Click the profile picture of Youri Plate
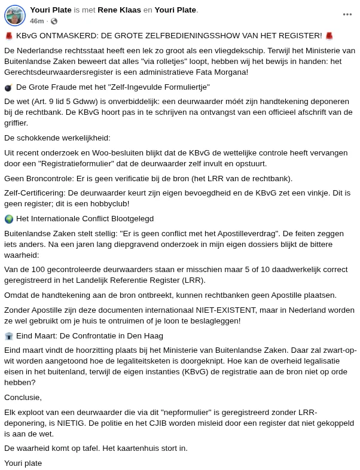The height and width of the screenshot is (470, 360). pos(15,15)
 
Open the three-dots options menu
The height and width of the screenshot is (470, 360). pos(347,14)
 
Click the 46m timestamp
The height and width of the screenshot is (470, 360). pos(36,21)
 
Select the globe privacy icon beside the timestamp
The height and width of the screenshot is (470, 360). pos(54,21)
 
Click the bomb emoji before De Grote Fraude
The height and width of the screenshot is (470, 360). pos(8,87)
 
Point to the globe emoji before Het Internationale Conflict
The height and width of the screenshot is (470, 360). pos(8,219)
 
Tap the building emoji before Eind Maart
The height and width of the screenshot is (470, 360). pos(8,336)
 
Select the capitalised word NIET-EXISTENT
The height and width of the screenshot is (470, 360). pos(224,310)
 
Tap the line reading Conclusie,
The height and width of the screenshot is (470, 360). pos(23,398)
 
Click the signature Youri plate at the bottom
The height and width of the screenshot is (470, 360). pos(23,463)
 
